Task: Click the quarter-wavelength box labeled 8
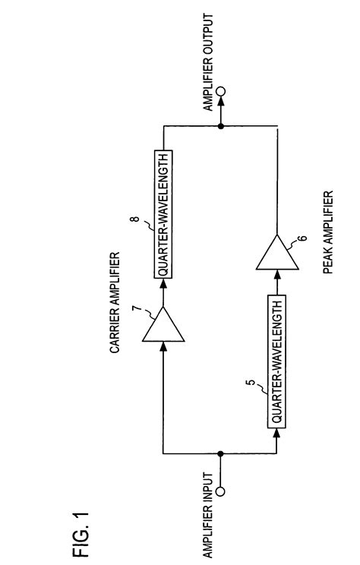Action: pos(163,214)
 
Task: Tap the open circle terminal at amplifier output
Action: pos(221,91)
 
